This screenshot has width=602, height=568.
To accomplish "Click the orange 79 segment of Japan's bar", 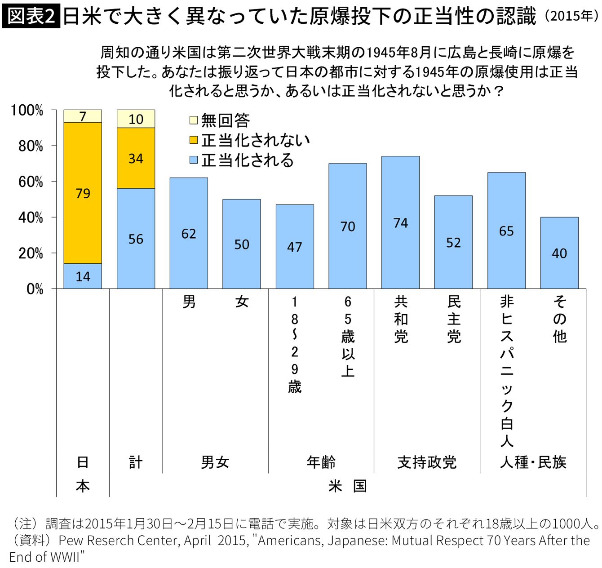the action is coord(83,193).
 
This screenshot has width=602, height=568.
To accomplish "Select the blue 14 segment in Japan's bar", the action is coord(83,276).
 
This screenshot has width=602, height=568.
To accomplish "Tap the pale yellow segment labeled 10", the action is coord(136,119).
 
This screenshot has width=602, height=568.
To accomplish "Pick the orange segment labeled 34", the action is coord(136,158).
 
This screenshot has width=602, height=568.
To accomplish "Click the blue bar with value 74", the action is coord(400,222).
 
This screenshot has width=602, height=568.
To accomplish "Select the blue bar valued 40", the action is coord(559,253).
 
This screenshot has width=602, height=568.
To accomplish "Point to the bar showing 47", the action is coord(295,247).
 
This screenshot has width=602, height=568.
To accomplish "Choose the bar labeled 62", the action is coord(189,233).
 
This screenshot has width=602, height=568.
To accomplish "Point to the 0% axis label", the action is coord(35,289).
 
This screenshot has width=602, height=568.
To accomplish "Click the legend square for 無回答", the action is coord(193,120).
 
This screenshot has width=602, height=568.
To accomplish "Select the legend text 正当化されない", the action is coord(256,140).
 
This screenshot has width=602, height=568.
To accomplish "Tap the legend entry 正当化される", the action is coord(242,160).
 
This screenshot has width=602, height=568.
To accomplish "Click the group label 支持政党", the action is coord(427,462).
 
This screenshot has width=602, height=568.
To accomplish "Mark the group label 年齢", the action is coord(321,462).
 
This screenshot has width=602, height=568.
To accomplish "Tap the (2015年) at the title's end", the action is coord(572,16).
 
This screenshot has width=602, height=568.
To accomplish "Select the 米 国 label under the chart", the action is coord(348,487).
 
